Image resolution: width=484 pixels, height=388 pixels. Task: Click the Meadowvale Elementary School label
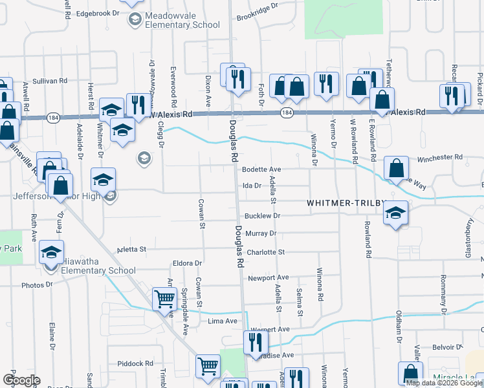coord(183,19)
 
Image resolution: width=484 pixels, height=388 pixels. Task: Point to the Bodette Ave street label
coord(261,169)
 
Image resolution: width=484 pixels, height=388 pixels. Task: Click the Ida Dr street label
coord(251,185)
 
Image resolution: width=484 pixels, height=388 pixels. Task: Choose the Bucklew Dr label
coord(262,216)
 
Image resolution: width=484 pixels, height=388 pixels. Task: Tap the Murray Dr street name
coord(261,233)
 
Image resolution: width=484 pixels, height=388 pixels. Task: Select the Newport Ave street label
coord(267,278)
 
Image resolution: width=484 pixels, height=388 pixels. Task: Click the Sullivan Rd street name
coord(50,81)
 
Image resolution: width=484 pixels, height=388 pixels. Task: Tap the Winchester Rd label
coord(440,156)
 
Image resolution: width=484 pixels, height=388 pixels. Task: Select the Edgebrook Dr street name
coord(98,13)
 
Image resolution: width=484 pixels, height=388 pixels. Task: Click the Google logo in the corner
coord(21,380)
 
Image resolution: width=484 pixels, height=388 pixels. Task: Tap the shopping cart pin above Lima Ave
coord(165,299)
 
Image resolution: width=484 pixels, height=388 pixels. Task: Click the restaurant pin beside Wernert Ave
coord(256,341)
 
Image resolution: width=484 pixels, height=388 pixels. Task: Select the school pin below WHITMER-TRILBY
coord(395,213)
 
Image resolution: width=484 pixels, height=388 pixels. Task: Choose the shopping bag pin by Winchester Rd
coord(396,167)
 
